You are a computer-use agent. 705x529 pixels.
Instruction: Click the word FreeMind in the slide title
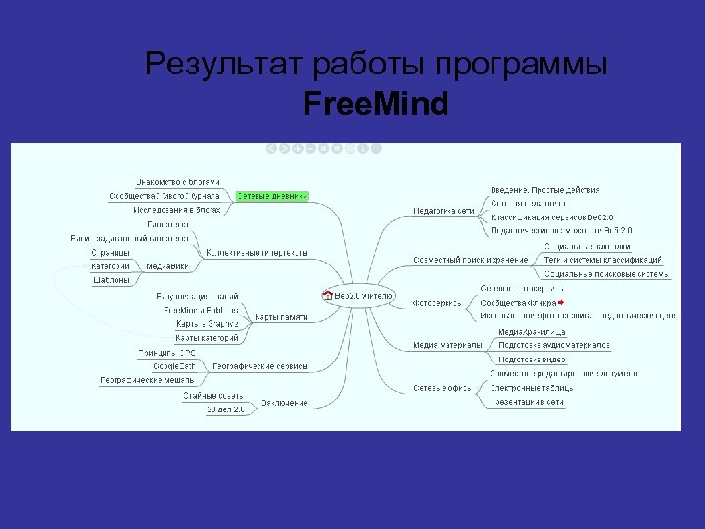376,102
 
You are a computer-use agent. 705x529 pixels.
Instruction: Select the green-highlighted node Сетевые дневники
271,196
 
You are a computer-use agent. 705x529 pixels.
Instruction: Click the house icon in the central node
327,294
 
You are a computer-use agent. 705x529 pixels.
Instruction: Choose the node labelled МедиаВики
168,265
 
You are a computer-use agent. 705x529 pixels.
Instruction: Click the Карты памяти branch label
281,317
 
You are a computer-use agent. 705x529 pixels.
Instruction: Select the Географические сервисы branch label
260,366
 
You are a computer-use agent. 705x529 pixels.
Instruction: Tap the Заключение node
284,403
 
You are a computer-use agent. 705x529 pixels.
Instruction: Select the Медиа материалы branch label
447,345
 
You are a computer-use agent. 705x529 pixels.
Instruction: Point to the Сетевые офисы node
442,387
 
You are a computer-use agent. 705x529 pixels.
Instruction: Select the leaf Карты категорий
207,338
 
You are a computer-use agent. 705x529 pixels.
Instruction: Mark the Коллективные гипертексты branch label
258,252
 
